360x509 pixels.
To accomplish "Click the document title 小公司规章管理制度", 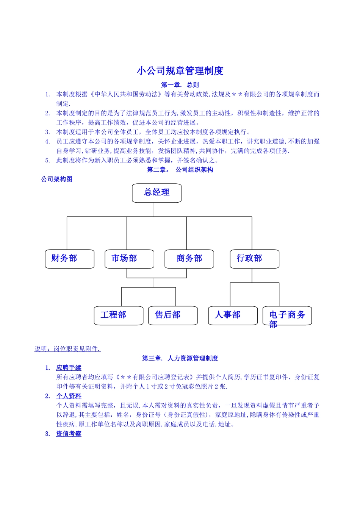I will (180, 71).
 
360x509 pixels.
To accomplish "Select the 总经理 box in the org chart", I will (157, 193).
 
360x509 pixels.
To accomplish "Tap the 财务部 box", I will (69, 259).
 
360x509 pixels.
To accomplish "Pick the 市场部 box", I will (129, 259).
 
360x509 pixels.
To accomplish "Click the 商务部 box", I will (189, 259).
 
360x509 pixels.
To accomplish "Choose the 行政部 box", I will (254, 259).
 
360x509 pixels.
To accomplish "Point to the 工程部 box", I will (119, 315).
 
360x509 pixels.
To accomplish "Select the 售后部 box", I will (173, 315).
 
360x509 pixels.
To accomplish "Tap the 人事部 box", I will (233, 315).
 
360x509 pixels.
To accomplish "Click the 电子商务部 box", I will (287, 316).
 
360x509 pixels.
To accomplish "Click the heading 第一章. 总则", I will (180, 85).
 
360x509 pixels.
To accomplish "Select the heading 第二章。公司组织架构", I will (180, 170).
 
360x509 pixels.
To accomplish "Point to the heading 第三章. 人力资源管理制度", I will (180, 358).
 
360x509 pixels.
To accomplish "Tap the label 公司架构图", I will (57, 179).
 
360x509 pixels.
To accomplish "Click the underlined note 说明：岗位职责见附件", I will (67, 349).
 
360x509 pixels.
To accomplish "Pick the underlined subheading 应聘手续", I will (69, 368).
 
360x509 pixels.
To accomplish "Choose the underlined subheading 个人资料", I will (69, 396).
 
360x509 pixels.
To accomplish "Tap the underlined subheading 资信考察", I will (69, 434).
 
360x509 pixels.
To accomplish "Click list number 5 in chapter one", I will (47, 160).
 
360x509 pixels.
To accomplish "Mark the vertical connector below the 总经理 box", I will (154, 209).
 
